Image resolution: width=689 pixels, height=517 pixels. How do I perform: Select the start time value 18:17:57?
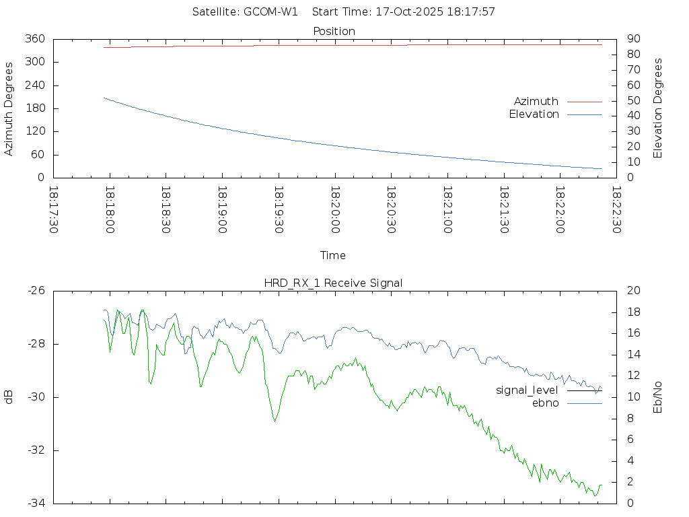473,12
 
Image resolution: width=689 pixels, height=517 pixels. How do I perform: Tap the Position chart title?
334,31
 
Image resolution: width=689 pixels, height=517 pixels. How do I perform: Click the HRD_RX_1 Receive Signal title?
334,283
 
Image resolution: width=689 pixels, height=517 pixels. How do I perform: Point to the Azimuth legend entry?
536,101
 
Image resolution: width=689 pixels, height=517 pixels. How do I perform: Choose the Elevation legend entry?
534,114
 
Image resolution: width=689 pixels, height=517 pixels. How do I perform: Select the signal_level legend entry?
527,390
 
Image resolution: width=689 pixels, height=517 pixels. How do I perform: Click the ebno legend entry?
546,403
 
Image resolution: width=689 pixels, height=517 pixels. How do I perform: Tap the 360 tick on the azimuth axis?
34,39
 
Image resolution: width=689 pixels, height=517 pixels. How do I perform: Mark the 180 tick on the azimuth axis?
34,108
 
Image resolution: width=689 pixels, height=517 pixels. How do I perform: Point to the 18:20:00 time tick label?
334,209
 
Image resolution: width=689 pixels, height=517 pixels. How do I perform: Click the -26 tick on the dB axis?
36,291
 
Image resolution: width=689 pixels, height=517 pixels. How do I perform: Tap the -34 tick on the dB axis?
36,504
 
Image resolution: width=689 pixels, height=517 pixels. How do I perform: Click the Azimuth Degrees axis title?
9,108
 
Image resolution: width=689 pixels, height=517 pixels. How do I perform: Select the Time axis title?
333,255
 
